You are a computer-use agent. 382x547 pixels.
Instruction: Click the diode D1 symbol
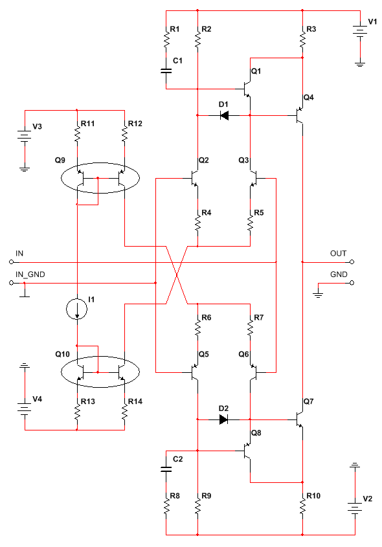tap(224, 115)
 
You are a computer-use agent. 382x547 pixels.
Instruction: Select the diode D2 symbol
tap(224, 419)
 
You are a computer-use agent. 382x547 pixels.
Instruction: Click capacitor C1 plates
tap(166, 71)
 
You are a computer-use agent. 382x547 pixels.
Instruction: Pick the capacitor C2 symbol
tap(166, 469)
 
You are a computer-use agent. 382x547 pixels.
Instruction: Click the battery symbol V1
tap(360, 30)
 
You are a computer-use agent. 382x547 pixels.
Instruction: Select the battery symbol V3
tap(25, 135)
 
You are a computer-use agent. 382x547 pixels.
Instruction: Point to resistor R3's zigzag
tap(302, 37)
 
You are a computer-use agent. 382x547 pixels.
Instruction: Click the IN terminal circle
tap(11, 262)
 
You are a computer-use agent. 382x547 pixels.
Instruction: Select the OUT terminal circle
tap(352, 262)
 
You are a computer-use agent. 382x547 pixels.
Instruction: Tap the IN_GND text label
tap(30, 275)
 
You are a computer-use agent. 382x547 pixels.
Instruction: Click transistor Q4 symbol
tap(299, 115)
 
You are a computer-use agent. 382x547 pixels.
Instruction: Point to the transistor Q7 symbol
tap(299, 419)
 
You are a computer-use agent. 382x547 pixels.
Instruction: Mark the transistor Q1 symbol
tap(247, 89)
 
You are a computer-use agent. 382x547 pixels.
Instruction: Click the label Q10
tap(62, 354)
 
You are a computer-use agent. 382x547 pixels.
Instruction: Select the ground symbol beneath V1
tap(360, 64)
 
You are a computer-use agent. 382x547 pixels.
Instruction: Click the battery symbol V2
tap(355, 507)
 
